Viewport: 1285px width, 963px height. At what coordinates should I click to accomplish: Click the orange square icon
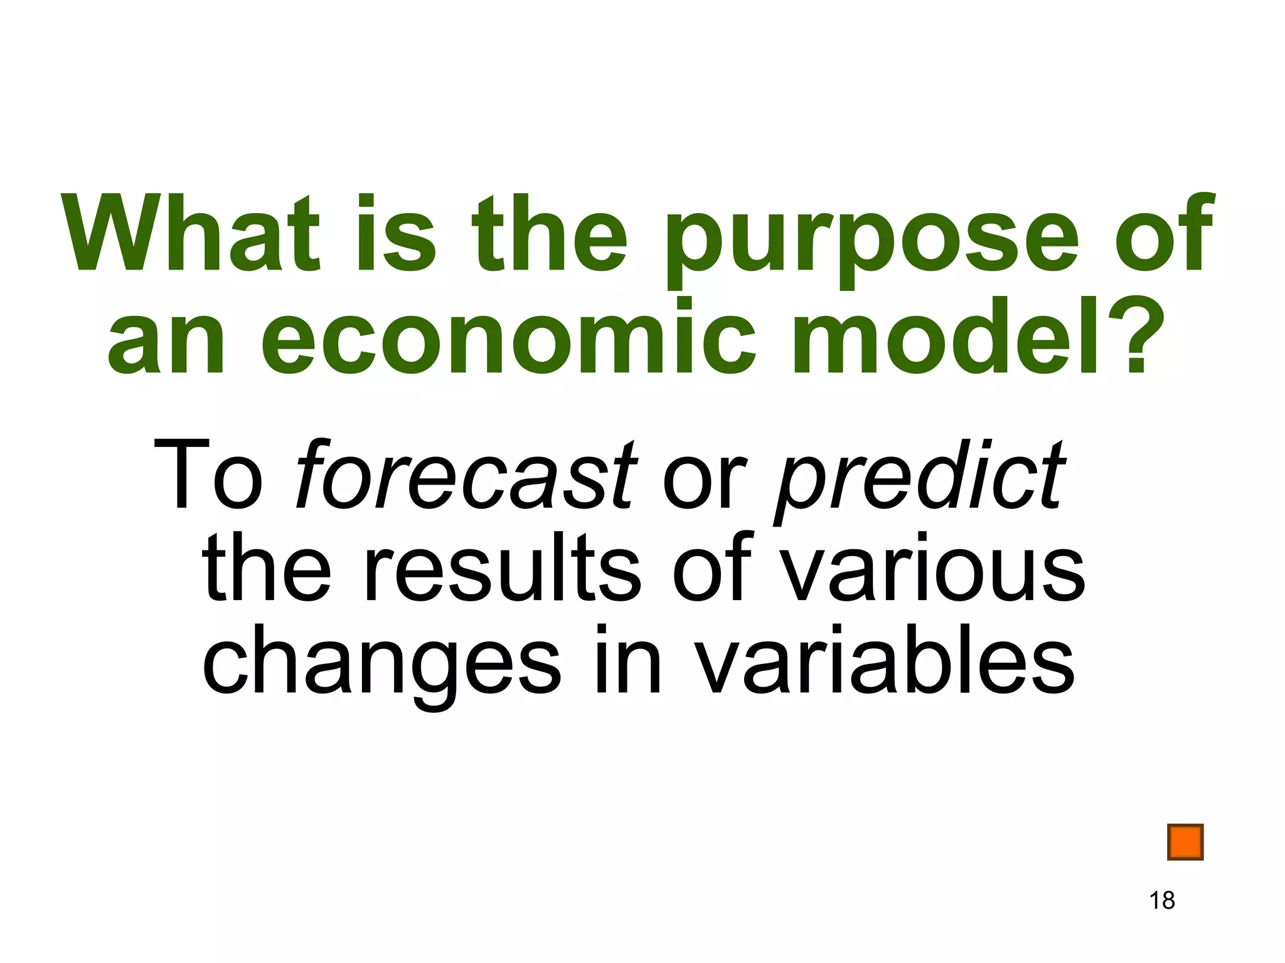pos(1185,842)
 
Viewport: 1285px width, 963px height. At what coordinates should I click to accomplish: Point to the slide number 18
pos(1162,900)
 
